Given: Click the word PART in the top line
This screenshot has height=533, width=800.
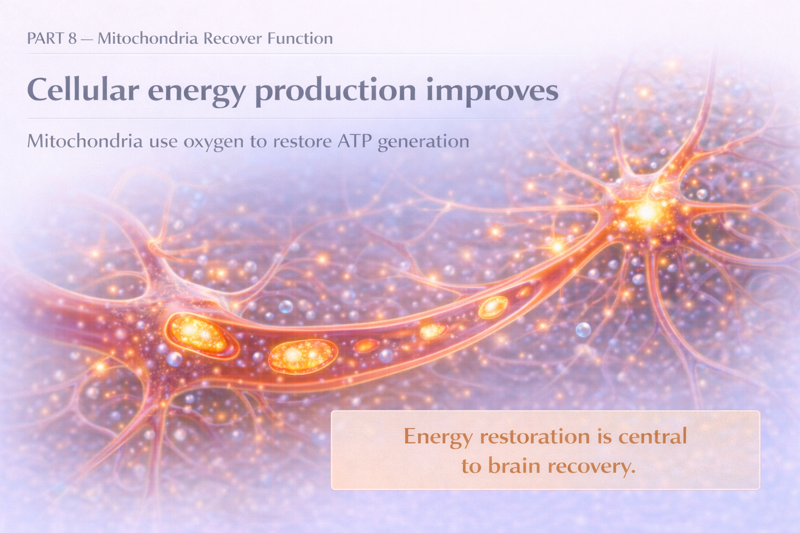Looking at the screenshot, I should pyautogui.click(x=45, y=39).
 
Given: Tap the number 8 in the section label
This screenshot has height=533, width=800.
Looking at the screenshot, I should pyautogui.click(x=72, y=39).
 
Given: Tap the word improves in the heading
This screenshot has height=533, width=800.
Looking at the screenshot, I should pyautogui.click(x=492, y=91).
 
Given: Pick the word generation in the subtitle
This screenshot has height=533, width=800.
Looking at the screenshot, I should pyautogui.click(x=423, y=142).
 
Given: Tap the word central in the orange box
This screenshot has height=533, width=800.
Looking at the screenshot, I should pyautogui.click(x=653, y=436).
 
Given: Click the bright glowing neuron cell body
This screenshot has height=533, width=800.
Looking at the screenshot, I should pyautogui.click(x=646, y=211).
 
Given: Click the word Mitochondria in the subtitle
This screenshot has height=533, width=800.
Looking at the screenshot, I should pyautogui.click(x=84, y=141).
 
